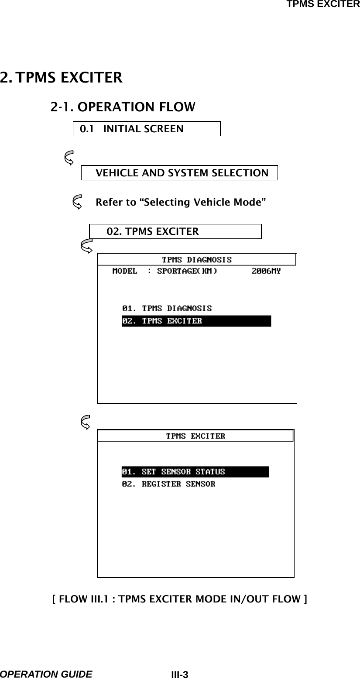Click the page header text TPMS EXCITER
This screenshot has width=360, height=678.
click(x=322, y=4)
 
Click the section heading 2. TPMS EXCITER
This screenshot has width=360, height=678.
click(x=61, y=78)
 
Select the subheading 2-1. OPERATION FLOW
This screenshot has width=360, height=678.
click(x=123, y=107)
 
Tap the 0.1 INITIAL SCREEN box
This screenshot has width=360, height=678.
click(x=146, y=129)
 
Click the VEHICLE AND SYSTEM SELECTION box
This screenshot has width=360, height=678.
click(x=179, y=172)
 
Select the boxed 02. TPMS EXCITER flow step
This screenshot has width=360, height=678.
click(x=175, y=231)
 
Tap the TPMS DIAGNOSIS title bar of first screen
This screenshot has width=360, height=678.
click(x=197, y=260)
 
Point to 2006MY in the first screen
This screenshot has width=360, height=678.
click(x=266, y=271)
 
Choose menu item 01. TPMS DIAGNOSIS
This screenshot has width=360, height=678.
click(x=167, y=308)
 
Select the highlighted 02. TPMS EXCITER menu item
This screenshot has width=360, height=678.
click(x=196, y=321)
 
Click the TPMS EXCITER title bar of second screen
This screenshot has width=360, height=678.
click(x=195, y=436)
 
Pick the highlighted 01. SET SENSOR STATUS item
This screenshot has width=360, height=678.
click(x=195, y=472)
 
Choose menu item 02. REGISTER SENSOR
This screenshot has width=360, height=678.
click(x=168, y=484)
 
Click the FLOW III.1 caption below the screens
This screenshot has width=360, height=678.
click(x=179, y=598)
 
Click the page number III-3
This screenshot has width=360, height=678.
click(x=179, y=675)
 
